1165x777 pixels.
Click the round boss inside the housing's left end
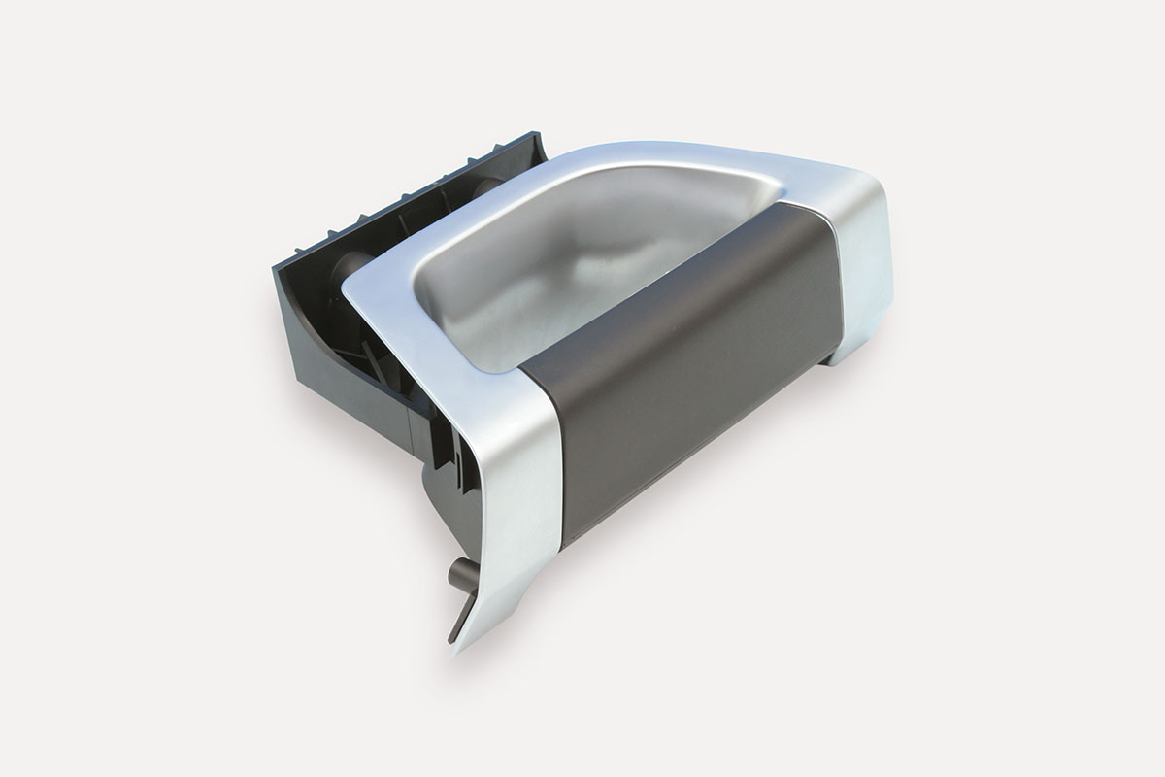pyautogui.click(x=350, y=266)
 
